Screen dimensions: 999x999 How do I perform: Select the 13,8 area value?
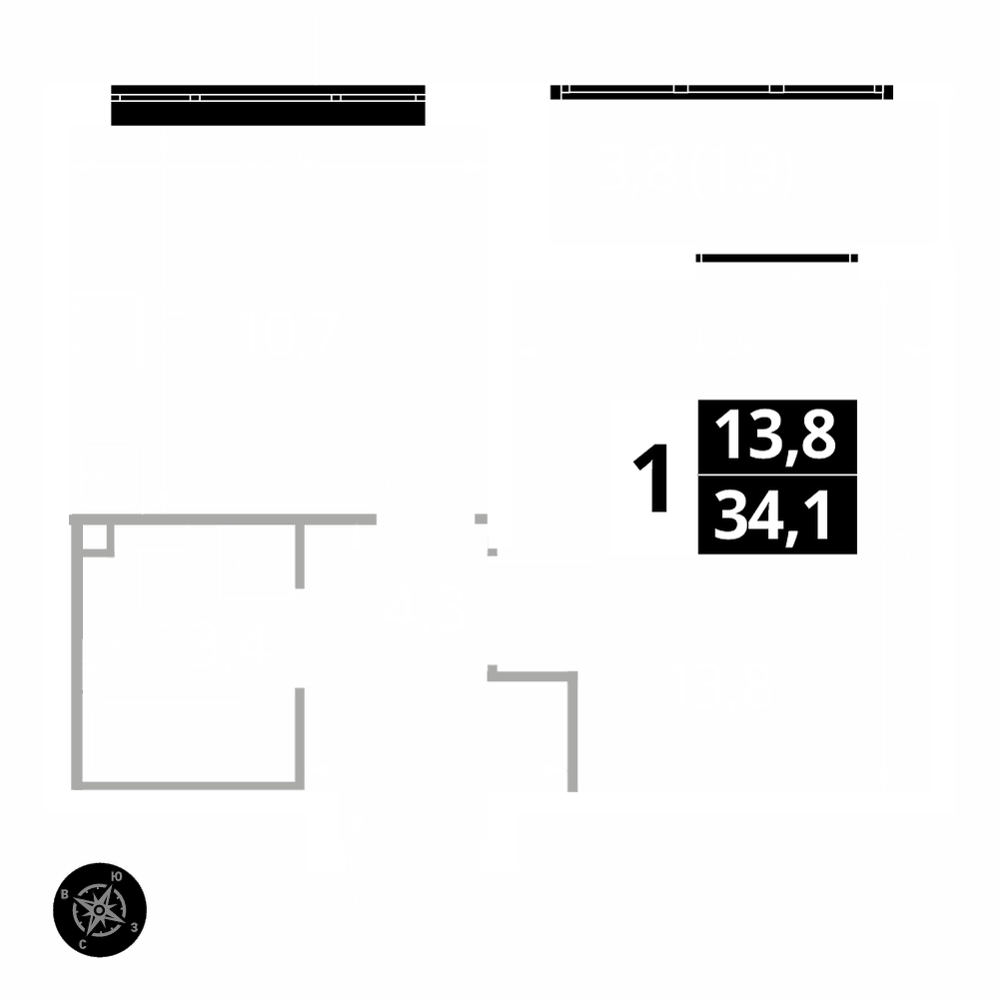[776, 437]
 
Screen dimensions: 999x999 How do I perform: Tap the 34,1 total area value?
[776, 516]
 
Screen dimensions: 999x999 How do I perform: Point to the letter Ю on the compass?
[119, 876]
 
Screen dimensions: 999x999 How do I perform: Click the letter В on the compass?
[66, 894]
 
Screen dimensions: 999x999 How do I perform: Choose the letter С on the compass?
[82, 943]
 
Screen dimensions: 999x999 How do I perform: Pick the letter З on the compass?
[133, 927]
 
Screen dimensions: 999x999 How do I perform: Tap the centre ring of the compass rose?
[100, 909]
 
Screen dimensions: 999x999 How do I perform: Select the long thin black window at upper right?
[721, 92]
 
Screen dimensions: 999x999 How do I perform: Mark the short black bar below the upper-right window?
[776, 258]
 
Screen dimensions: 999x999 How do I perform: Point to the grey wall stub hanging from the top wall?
[299, 554]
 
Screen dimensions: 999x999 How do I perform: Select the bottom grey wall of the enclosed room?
[188, 785]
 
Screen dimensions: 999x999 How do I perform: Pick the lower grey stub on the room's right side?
[299, 734]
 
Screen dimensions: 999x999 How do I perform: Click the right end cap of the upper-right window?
[888, 92]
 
